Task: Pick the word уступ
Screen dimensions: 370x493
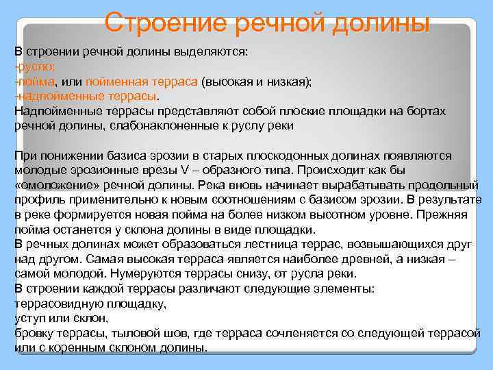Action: (29, 319)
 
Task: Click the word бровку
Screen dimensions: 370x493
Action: (34, 333)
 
